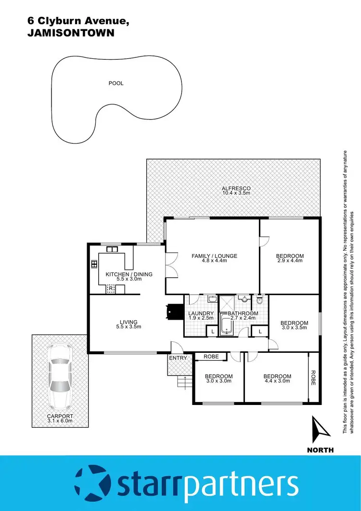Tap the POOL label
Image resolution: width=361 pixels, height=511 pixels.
tap(116, 83)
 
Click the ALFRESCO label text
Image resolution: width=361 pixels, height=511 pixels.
tap(236, 188)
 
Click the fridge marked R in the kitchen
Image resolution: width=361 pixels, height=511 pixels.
tap(111, 289)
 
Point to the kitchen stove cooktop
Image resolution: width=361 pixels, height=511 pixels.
tap(93, 264)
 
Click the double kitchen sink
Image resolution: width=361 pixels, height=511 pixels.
tap(113, 250)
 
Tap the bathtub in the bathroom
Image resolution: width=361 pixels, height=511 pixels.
tap(226, 325)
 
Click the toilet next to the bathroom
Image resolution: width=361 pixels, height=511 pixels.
tap(260, 301)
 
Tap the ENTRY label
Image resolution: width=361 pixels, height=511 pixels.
tap(178, 358)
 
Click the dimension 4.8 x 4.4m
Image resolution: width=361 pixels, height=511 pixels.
tap(214, 261)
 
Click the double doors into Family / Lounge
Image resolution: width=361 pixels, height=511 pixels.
tap(169, 265)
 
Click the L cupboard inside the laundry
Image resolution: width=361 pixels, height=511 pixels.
tap(212, 331)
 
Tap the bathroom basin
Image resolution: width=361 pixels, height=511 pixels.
tap(245, 299)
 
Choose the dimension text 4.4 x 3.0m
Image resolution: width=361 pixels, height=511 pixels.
tap(277, 381)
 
